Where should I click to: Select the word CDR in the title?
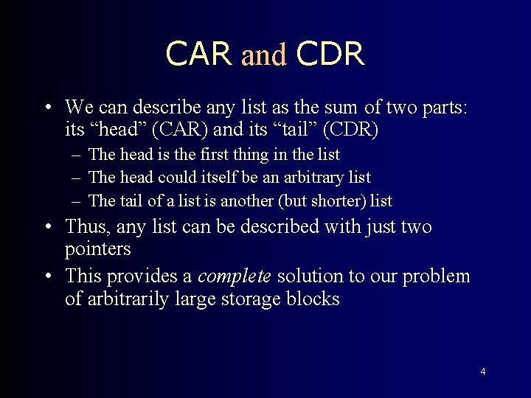330,55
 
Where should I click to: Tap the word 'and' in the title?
263,55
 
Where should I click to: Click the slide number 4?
482,371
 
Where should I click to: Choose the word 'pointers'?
97,250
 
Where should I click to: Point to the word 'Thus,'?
87,227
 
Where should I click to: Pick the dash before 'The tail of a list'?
77,200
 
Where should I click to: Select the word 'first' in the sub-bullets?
224,155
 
